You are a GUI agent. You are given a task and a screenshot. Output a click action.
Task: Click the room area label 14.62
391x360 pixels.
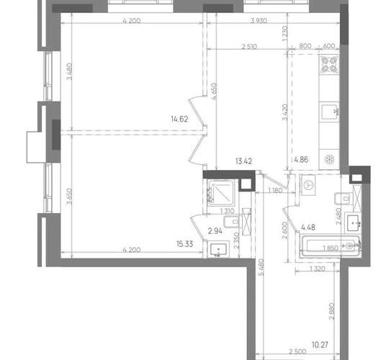(x=179, y=120)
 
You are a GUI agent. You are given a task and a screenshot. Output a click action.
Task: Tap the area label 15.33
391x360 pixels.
(x=185, y=244)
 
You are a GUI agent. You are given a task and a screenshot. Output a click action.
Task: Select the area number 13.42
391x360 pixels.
(x=243, y=161)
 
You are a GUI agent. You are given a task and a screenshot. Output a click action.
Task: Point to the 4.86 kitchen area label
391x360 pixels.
(x=301, y=160)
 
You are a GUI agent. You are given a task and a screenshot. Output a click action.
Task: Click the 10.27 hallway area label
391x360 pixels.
(x=320, y=345)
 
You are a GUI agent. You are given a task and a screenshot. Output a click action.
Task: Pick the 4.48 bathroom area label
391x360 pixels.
(x=308, y=228)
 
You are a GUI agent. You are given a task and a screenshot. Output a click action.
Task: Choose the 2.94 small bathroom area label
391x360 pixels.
(x=215, y=231)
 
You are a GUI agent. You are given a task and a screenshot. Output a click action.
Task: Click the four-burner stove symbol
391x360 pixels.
(x=330, y=65)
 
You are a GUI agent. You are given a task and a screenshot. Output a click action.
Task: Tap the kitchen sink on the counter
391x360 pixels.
(x=330, y=112)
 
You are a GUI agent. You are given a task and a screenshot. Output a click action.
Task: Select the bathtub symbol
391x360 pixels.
(x=331, y=246)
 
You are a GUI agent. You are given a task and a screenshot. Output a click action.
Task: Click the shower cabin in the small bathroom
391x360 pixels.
(x=221, y=193)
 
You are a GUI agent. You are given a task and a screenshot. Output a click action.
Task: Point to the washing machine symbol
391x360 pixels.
(x=309, y=185)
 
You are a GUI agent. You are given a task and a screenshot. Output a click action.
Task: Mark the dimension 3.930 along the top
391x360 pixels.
(x=259, y=21)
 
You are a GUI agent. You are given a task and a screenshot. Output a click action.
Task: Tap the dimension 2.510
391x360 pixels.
(x=249, y=47)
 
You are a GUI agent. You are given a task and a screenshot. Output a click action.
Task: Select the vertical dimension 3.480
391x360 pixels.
(x=70, y=71)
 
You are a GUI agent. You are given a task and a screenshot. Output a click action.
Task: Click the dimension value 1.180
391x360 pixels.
(x=275, y=191)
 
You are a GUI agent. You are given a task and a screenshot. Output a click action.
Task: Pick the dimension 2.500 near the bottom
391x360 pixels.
(x=297, y=352)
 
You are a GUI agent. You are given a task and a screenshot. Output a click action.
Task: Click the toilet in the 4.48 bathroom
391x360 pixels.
(x=343, y=199)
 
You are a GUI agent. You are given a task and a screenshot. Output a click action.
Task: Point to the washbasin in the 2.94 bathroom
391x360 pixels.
(x=218, y=249)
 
